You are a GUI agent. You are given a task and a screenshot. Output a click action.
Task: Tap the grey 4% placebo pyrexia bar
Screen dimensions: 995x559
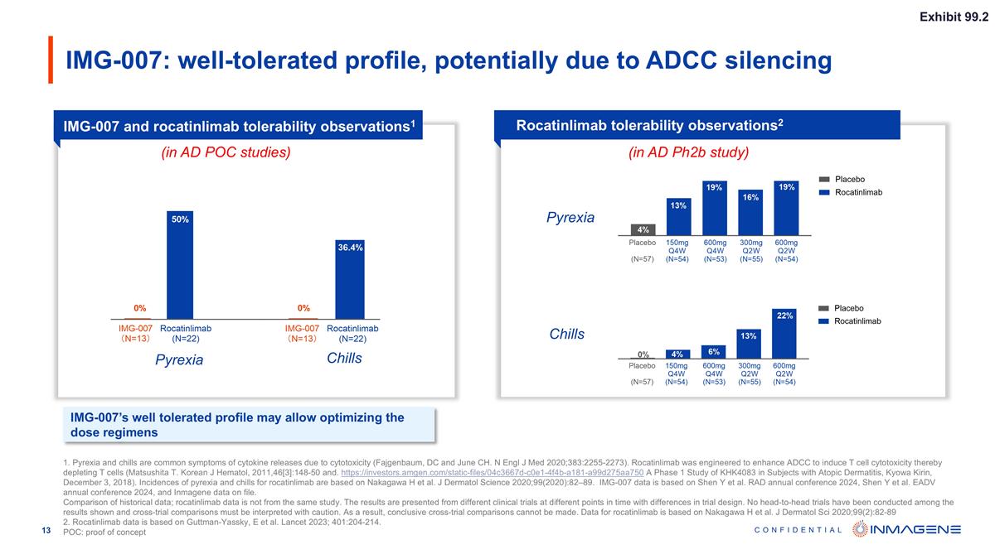click(643, 229)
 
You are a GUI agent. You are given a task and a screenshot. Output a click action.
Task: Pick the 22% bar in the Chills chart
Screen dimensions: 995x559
click(784, 334)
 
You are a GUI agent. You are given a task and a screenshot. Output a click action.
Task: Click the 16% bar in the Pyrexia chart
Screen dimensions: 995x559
click(750, 212)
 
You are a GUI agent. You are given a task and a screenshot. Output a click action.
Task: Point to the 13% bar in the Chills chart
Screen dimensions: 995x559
click(749, 344)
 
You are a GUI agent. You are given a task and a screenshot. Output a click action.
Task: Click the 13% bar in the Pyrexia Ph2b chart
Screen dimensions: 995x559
click(679, 217)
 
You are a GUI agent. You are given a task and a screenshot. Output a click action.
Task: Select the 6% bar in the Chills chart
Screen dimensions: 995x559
click(714, 352)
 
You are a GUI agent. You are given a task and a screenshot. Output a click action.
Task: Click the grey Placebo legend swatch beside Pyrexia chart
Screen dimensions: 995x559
click(824, 179)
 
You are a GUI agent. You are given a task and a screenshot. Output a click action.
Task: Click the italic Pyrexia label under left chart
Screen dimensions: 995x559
click(180, 360)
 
